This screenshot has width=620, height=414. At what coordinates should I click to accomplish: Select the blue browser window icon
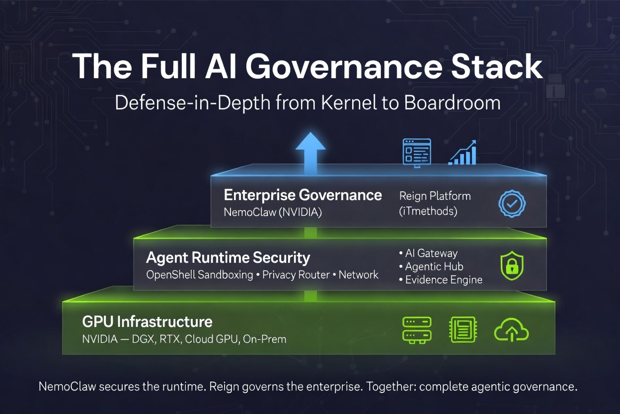[416, 152]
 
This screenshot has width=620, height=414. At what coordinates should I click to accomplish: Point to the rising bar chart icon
[463, 152]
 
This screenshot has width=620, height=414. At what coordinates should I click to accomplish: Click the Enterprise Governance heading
[303, 195]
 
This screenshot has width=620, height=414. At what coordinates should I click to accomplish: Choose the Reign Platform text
[435, 196]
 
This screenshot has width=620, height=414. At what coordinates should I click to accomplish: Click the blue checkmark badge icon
[512, 203]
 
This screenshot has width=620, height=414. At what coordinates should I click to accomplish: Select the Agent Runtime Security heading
[228, 258]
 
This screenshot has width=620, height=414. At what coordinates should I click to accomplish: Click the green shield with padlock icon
[512, 266]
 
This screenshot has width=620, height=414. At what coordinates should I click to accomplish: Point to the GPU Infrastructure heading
[147, 321]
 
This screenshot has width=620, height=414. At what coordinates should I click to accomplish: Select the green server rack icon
[416, 329]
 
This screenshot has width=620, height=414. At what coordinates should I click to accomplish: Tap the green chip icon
[463, 329]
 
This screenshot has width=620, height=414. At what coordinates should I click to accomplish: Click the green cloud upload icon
[511, 330]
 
